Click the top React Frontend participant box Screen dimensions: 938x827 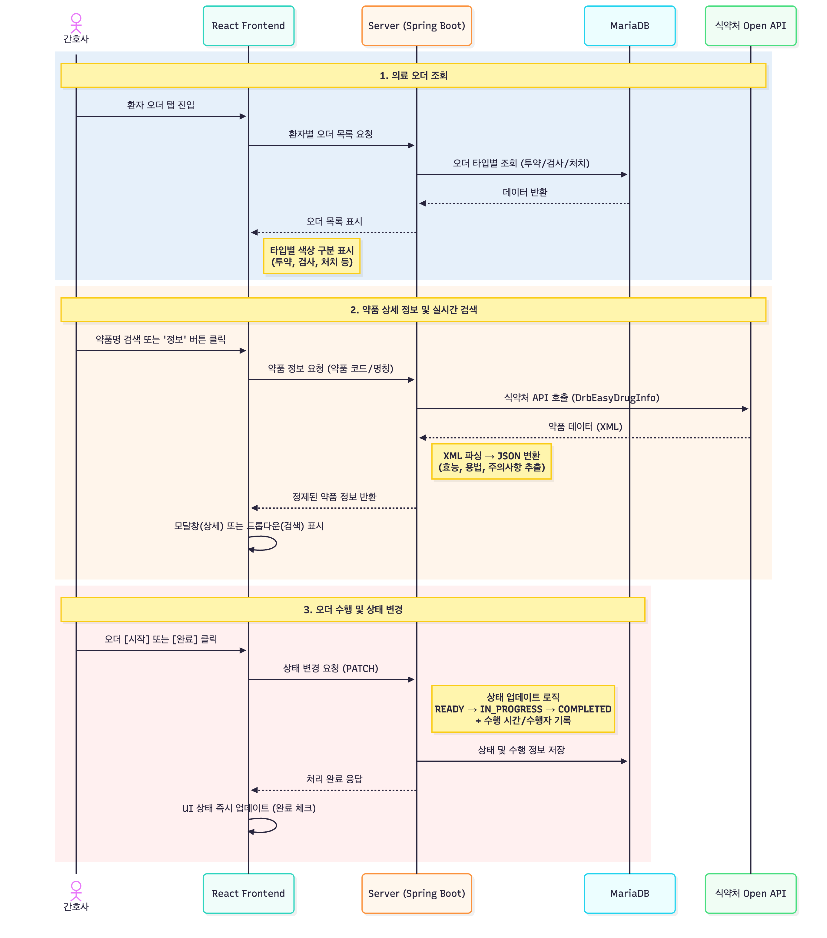click(248, 26)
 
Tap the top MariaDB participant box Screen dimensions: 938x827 click(629, 26)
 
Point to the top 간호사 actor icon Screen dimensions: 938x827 click(76, 23)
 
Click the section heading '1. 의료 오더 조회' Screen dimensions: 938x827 click(413, 75)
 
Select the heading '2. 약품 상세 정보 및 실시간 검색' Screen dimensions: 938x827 click(413, 309)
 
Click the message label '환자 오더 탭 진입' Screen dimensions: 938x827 click(161, 105)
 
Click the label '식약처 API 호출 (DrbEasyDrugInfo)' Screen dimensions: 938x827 click(581, 398)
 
